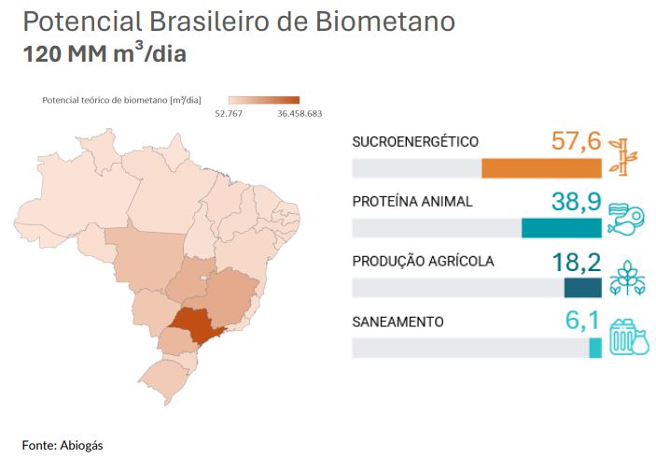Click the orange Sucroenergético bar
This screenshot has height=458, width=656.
(541, 168)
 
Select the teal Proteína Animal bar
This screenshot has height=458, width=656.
(561, 228)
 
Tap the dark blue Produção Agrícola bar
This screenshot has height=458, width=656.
(582, 288)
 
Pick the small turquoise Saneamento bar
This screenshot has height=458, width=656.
(595, 348)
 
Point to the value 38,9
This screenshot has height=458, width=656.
(576, 202)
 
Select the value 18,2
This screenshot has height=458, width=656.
(576, 262)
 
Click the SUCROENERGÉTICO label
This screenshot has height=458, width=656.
(415, 142)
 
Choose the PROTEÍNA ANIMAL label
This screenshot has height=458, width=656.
(412, 202)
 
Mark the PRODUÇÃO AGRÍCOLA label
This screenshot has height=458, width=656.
(423, 262)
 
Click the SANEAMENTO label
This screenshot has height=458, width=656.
(398, 322)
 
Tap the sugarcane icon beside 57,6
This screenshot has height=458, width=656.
(620, 155)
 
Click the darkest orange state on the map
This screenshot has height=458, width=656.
(197, 323)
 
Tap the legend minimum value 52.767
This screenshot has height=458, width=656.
(229, 114)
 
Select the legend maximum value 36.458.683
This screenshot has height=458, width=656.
(300, 114)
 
